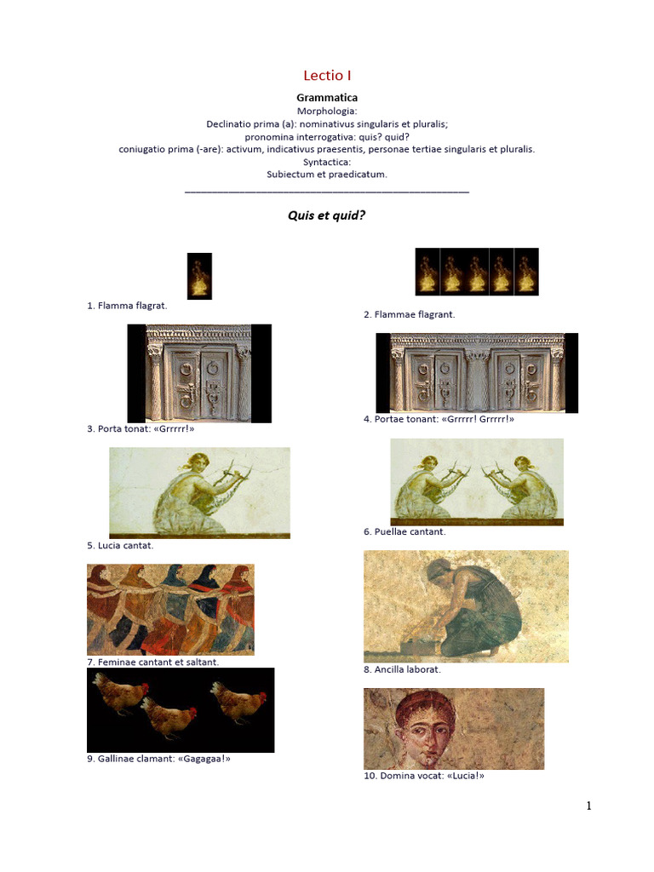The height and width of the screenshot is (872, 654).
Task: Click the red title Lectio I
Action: pos(327,76)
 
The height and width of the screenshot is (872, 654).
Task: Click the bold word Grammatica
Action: pos(327,98)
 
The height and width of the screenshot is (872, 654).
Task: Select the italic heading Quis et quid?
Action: pos(327,215)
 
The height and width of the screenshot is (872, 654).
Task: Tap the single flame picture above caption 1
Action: pos(199,276)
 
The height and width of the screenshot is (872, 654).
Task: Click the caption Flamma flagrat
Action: pos(127,306)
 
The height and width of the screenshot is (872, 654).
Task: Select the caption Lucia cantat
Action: pos(120,545)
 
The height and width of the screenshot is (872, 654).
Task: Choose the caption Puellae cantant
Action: pos(404,531)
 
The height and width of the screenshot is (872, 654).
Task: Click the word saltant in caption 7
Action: pos(202,662)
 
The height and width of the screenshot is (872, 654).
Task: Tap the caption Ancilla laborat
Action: pos(402,669)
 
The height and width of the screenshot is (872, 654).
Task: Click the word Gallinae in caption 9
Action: pos(118,759)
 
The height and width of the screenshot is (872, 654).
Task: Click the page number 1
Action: pos(588,806)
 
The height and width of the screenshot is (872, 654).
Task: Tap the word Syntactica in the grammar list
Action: pos(327,161)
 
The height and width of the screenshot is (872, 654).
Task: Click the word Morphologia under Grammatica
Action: pos(327,111)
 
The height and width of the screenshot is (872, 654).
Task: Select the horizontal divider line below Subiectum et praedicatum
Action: pos(327,192)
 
